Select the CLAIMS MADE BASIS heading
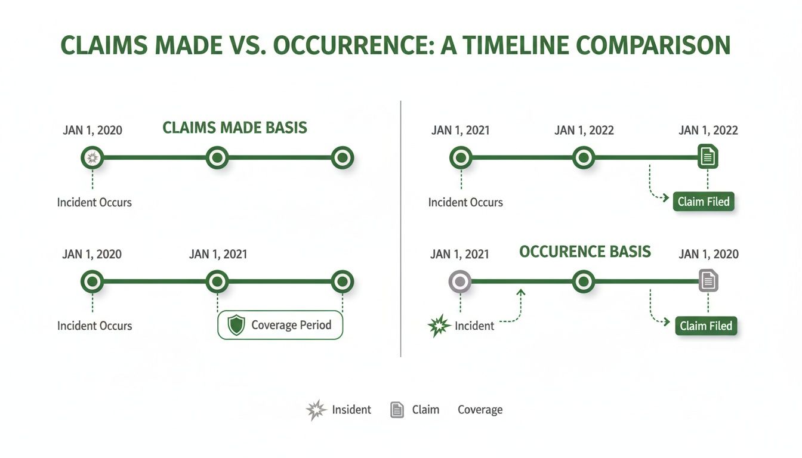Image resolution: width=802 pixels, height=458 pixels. point(235,127)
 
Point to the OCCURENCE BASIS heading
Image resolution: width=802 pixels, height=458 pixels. point(585,252)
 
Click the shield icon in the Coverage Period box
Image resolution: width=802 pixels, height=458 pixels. point(237,325)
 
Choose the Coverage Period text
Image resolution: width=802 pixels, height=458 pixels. point(291,325)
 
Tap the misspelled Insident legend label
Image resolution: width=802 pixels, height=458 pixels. point(351,410)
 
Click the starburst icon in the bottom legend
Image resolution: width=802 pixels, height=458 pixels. point(316,410)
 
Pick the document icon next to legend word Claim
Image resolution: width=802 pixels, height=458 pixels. point(397,410)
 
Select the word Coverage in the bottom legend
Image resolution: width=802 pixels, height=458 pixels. point(480,410)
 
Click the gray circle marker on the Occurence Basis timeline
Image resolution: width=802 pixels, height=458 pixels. point(461,281)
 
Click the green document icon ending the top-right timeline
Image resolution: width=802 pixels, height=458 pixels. point(708,157)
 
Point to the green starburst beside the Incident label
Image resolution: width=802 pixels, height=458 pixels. point(439,326)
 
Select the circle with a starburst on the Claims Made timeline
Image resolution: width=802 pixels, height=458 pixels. point(92,158)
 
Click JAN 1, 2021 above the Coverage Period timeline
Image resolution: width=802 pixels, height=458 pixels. point(218,254)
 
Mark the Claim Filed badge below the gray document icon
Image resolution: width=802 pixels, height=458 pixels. point(706,326)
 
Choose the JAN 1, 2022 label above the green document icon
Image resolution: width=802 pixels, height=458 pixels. point(708,131)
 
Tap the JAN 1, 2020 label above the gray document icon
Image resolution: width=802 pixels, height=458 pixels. point(708,254)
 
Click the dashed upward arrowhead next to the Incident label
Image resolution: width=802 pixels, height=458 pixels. point(521,292)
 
